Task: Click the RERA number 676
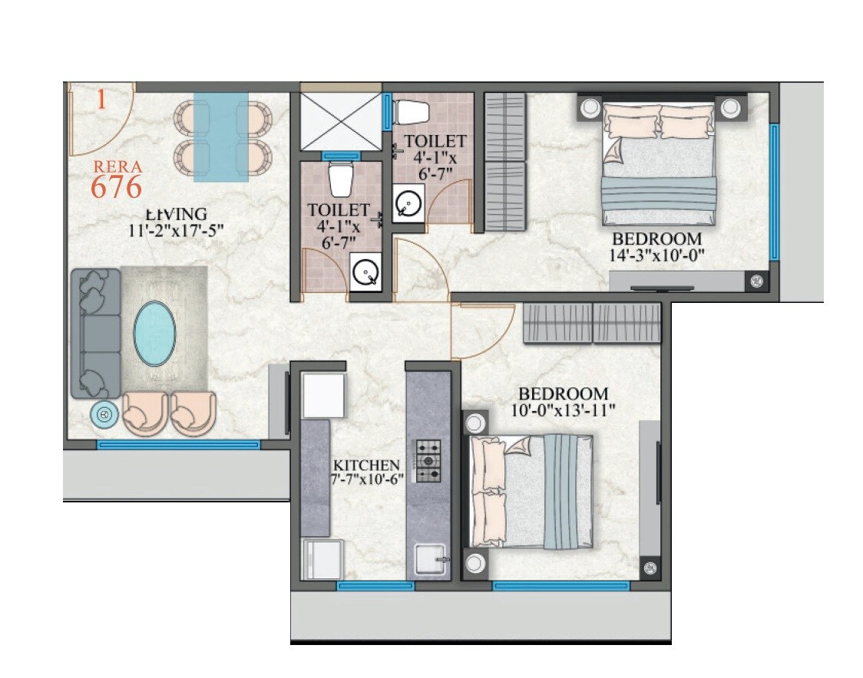116,186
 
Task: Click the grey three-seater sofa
95,333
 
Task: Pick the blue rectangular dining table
221,137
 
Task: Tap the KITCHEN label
366,466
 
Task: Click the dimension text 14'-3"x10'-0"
657,255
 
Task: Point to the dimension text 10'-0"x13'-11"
563,410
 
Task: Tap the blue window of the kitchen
375,586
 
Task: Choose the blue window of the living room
178,444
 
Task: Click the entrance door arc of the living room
100,119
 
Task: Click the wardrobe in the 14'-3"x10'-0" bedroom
504,161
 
